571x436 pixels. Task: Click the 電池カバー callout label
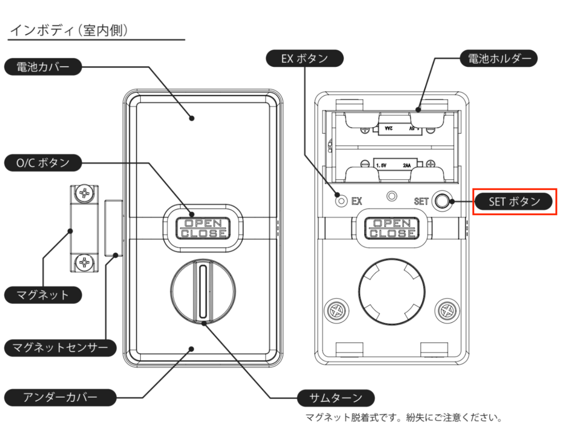pos(43,67)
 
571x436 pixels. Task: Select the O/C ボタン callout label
pos(43,163)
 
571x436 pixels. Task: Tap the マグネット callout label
pos(43,295)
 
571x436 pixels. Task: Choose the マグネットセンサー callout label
pos(60,348)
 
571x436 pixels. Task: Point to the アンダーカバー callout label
pos(60,397)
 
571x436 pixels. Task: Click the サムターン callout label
pos(336,398)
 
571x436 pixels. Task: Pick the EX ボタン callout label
pos(304,58)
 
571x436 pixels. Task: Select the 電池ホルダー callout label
pos(499,58)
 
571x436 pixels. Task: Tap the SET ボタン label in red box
pos(514,201)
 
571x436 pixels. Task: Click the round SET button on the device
pos(442,201)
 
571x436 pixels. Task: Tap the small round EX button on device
pos(341,201)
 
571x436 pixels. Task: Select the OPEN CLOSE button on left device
pos(203,228)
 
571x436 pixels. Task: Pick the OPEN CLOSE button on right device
pos(392,228)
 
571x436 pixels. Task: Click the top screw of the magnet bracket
pos(84,193)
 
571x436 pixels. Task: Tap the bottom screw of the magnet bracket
pos(84,262)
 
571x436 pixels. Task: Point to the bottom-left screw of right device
pos(336,311)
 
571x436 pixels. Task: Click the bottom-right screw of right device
pos(447,311)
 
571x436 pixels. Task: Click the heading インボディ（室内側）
pos(69,30)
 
